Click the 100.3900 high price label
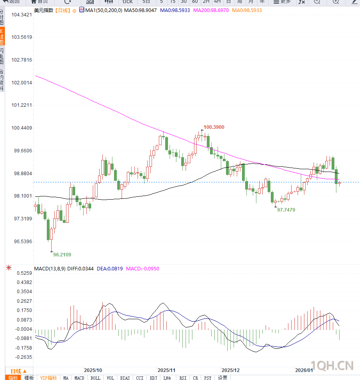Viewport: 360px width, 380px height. [214, 127]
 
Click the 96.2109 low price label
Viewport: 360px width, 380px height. [62, 254]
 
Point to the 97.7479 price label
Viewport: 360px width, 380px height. [286, 210]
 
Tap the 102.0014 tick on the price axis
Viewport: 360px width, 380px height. [22, 83]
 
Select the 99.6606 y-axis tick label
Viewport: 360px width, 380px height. [22, 151]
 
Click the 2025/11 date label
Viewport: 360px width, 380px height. [167, 370]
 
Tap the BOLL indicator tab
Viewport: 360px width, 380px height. [95, 378]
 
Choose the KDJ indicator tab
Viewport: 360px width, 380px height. [154, 378]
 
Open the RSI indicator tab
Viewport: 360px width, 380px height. [183, 378]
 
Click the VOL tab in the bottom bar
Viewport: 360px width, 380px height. [110, 378]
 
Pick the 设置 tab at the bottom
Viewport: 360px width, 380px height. [222, 378]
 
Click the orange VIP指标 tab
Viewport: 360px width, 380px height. [48, 378]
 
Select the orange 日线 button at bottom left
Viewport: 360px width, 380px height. [18, 371]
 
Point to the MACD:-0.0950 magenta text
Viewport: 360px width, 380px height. [142, 269]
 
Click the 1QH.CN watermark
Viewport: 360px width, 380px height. [332, 365]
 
